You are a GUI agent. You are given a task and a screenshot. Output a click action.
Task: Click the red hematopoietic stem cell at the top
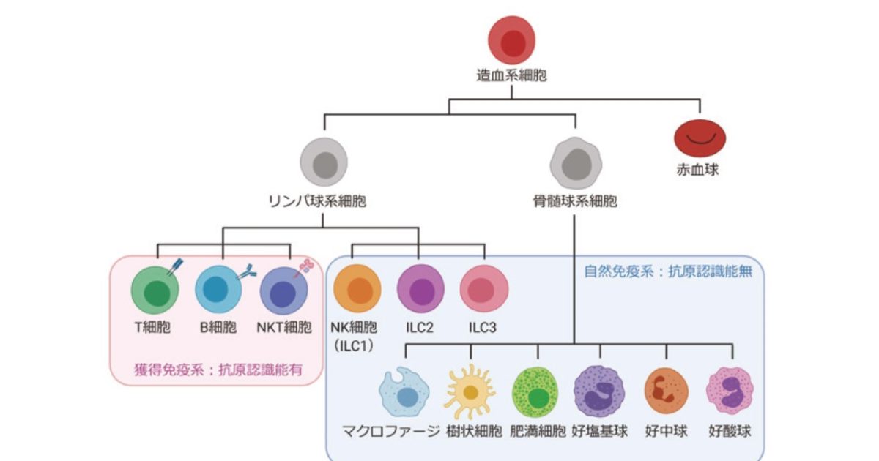pos(511,41)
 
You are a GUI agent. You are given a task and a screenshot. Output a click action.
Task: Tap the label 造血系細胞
pos(511,75)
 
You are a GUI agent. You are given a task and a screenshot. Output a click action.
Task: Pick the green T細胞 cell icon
pos(155,291)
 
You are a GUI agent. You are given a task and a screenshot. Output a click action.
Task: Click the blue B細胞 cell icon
pos(218,291)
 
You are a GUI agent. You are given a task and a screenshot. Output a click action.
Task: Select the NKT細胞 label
pos(285,327)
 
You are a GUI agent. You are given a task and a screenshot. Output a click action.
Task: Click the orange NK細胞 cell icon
pos(357,289)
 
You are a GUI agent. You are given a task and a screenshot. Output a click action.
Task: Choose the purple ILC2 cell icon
pos(420,289)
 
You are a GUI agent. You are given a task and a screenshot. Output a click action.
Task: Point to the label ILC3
pos(483,327)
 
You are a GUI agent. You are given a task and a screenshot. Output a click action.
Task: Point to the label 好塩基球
pos(600,430)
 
